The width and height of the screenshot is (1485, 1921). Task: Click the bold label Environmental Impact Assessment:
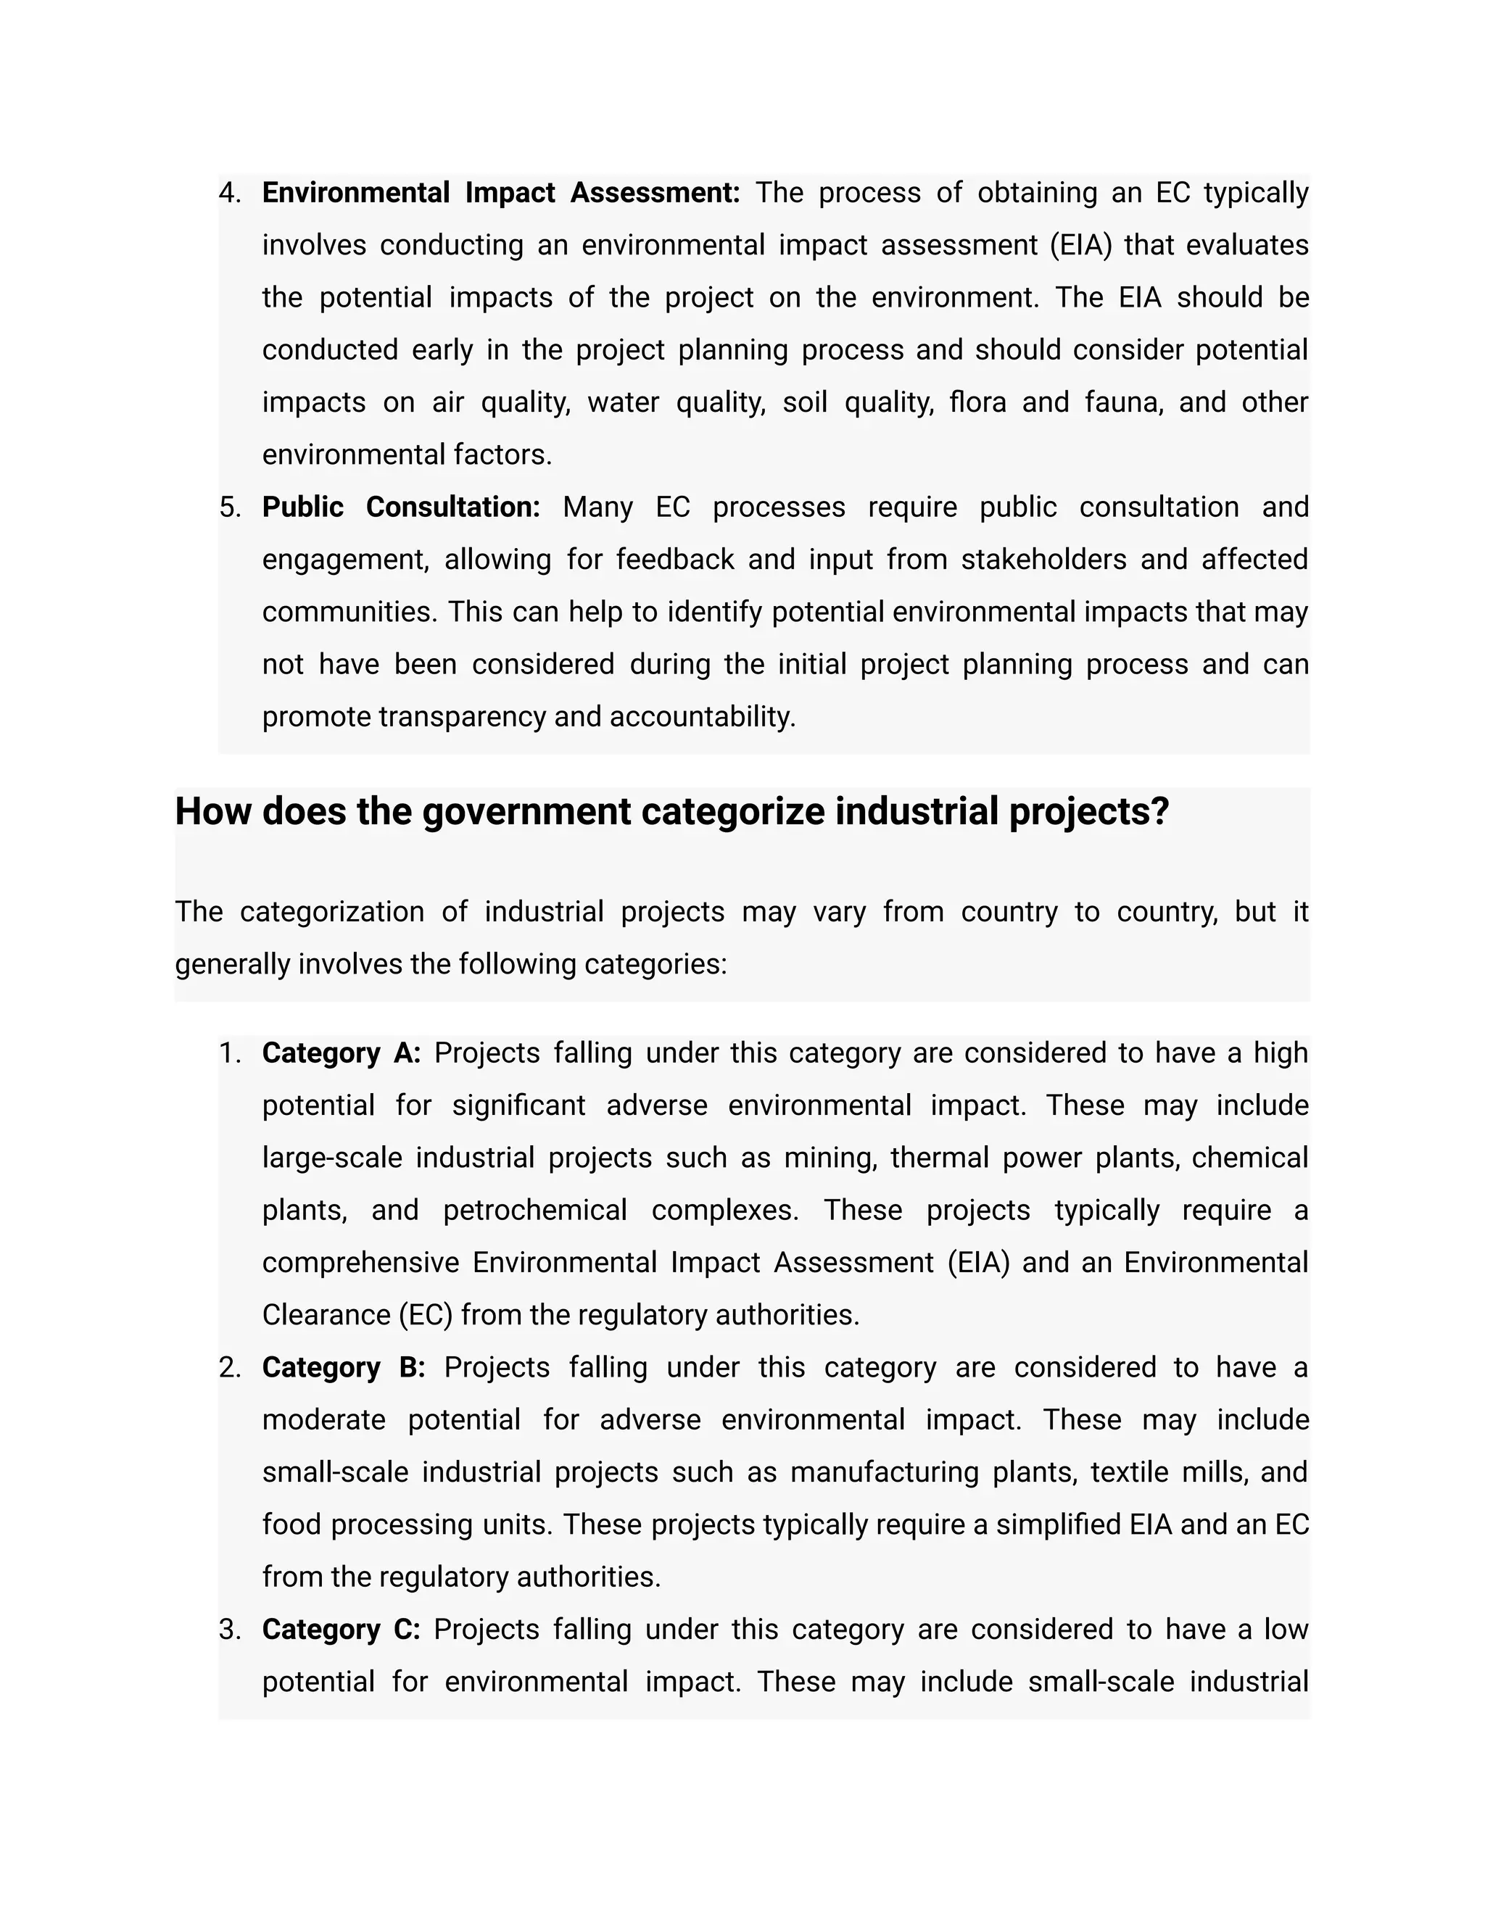500,193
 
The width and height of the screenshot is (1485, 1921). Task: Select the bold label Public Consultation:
400,507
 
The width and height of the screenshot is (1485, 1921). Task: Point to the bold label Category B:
343,1368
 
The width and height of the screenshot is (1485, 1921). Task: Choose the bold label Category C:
342,1630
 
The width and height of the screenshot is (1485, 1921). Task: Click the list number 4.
230,193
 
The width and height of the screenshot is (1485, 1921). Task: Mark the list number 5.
230,507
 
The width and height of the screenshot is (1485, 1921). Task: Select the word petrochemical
535,1211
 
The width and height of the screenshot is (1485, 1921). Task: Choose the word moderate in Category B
323,1419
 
